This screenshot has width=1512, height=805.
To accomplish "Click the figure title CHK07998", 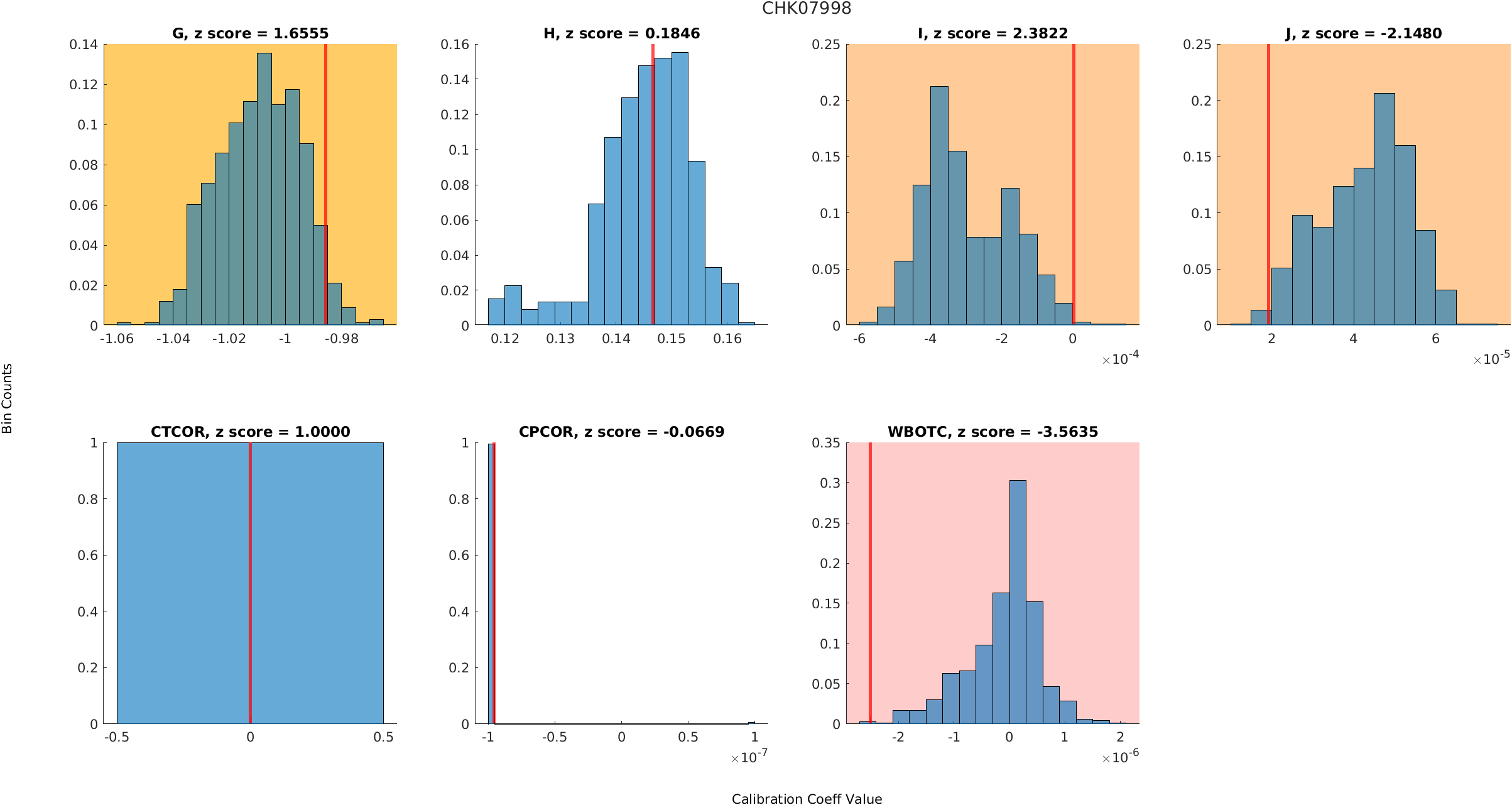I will pos(807,9).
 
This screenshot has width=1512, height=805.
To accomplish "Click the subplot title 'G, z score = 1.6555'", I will pos(250,33).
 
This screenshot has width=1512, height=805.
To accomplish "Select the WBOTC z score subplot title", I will pos(993,432).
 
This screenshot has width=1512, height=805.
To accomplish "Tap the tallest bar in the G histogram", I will pos(264,189).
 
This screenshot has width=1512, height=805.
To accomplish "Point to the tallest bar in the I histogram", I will pos(939,207).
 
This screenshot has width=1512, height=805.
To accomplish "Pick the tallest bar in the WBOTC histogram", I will pos(1018,603).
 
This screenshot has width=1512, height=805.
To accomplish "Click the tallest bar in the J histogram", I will pos(1384,211).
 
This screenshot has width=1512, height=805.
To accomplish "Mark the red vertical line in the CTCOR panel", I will pos(250,584).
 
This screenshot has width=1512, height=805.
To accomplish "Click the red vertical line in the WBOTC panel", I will pos(870,584).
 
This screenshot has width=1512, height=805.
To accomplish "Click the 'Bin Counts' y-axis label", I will pos(8,398).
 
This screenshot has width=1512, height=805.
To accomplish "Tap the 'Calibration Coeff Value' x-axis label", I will pos(807,798).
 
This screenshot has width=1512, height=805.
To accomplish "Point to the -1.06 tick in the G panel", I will pos(117,339).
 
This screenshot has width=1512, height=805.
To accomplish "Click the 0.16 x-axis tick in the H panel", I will pos(727,339).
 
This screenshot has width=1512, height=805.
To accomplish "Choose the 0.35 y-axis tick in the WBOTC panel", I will pos(825,443).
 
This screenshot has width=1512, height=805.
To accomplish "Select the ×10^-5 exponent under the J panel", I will pos(1491,359).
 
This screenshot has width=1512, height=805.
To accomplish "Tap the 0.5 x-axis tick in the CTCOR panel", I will pos(383,737).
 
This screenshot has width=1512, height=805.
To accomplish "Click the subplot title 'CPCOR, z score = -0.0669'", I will pos(621,432).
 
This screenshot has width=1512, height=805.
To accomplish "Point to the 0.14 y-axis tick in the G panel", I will pos(84,45).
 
